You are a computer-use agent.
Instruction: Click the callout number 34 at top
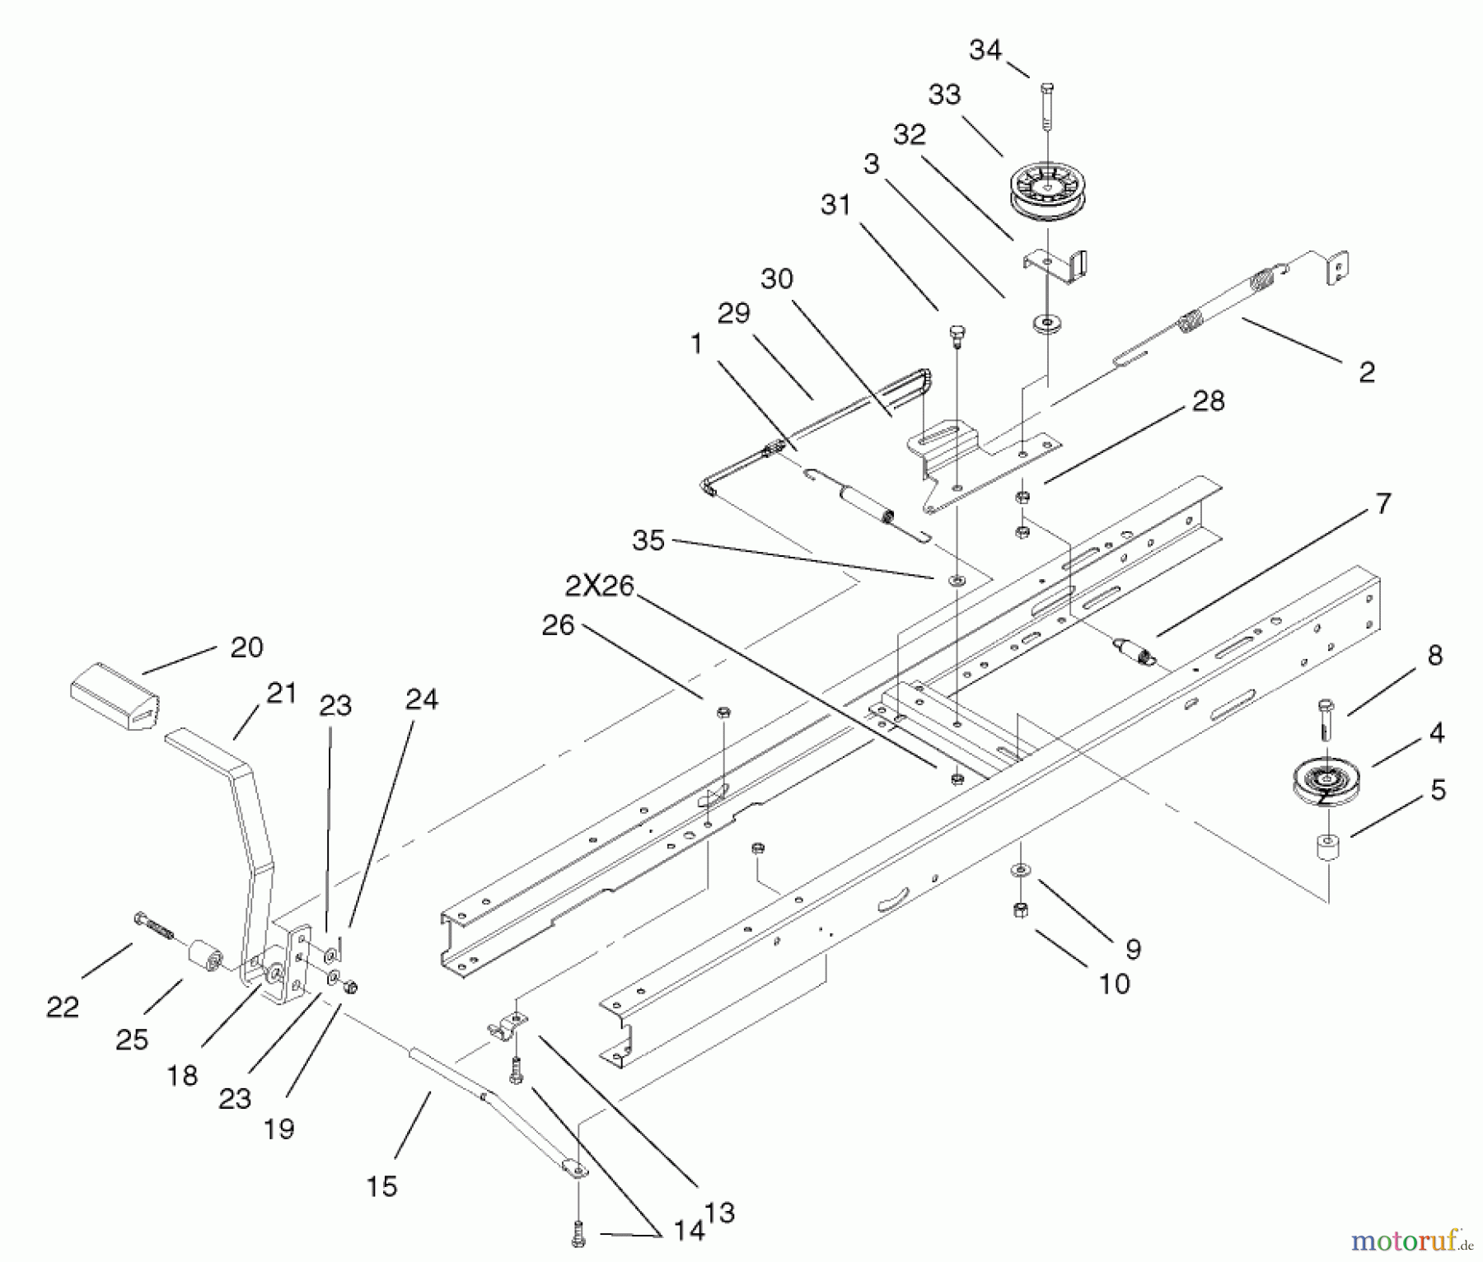coord(985,51)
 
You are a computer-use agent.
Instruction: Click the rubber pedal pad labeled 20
coord(114,696)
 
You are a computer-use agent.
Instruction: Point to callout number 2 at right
coord(1367,372)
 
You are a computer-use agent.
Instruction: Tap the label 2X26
coord(599,587)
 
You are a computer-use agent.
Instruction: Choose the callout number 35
coord(648,540)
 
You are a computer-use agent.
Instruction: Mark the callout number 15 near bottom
coord(382,1187)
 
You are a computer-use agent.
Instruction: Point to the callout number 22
coord(63,1007)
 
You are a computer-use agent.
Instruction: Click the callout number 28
coord(1208,401)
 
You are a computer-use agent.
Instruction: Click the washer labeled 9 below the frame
coord(1021,869)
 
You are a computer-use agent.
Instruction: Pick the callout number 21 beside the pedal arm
coord(281,694)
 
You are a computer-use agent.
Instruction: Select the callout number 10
coord(1114,984)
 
